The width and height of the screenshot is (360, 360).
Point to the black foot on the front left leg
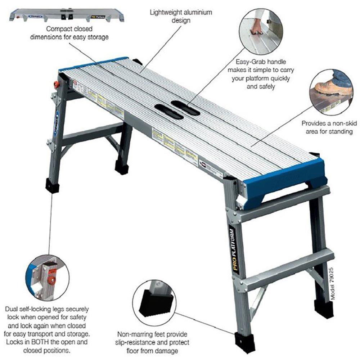53,185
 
